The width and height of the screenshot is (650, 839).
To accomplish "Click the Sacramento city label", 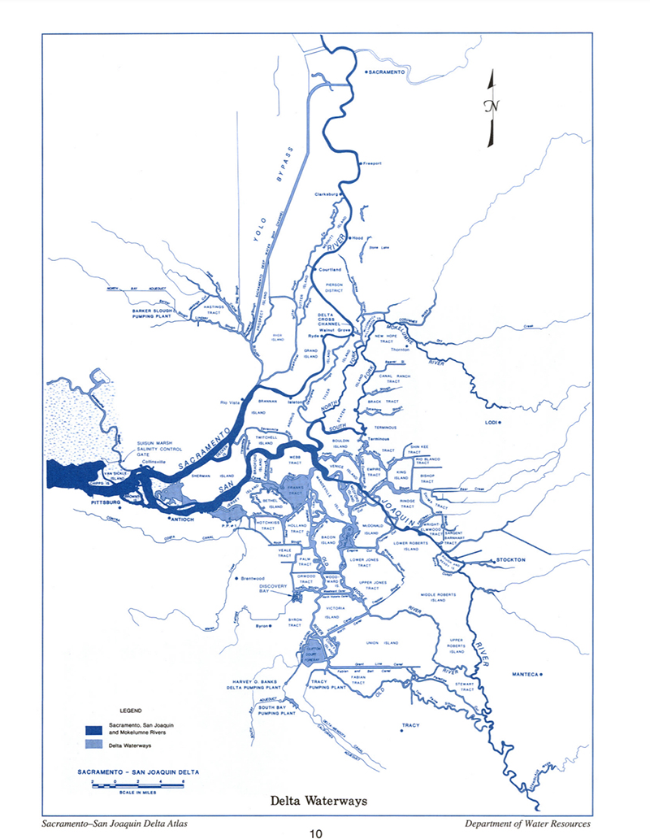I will click(387, 73).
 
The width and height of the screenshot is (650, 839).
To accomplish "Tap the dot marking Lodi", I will click(500, 423).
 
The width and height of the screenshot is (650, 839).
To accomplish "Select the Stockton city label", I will click(512, 560).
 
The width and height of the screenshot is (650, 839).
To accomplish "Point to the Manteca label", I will click(526, 674).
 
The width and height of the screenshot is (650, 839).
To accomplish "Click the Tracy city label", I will click(409, 724).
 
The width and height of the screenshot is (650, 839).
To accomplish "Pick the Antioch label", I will click(182, 518).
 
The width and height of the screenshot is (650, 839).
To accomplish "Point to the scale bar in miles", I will click(139, 781).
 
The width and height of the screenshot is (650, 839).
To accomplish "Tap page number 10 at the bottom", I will click(319, 832).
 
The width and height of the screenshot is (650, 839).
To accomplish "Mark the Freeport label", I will click(371, 163).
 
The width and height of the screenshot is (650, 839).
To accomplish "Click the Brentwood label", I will click(255, 578).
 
